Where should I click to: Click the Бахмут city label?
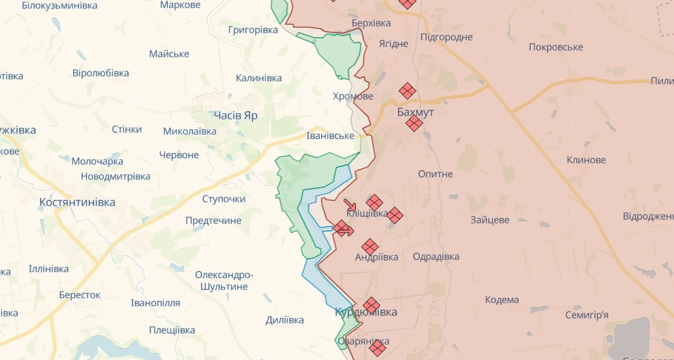pyautogui.click(x=415, y=112)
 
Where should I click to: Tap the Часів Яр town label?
pyautogui.click(x=236, y=115)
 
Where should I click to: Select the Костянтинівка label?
pyautogui.click(x=77, y=202)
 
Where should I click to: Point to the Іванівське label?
pyautogui.click(x=330, y=136)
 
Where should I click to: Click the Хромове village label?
pyautogui.click(x=353, y=96)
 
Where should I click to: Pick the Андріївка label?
pyautogui.click(x=377, y=257)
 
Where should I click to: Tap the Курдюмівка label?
pyautogui.click(x=366, y=313)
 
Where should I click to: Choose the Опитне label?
pyautogui.click(x=435, y=174)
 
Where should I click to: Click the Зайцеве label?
pyautogui.click(x=490, y=220)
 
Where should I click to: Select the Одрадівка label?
pyautogui.click(x=436, y=256)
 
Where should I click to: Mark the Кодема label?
pyautogui.click(x=502, y=299)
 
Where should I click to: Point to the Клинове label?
pyautogui.click(x=586, y=160)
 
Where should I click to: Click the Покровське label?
pyautogui.click(x=556, y=47)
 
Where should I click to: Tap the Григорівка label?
pyautogui.click(x=253, y=29)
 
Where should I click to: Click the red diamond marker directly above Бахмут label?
pyautogui.click(x=408, y=91)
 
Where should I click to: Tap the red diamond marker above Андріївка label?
pyautogui.click(x=370, y=246)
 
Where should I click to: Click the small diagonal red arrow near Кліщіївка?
pyautogui.click(x=350, y=205)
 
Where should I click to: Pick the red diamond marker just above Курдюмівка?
pyautogui.click(x=371, y=305)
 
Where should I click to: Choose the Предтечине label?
pyautogui.click(x=213, y=220)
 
